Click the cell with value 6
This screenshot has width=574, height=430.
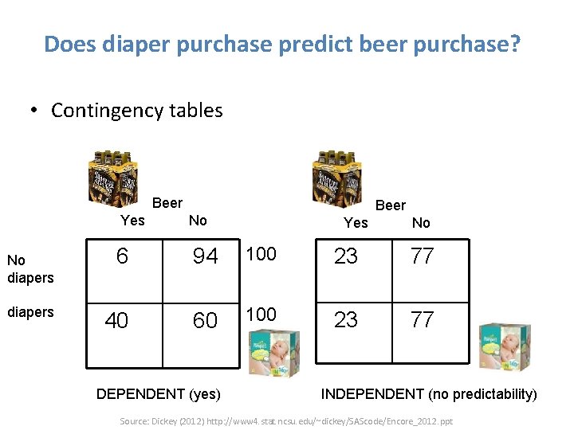pyautogui.click(x=121, y=256)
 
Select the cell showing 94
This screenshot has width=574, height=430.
pyautogui.click(x=205, y=256)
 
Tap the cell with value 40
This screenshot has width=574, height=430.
pyautogui.click(x=117, y=320)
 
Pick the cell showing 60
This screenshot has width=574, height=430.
pyautogui.click(x=205, y=320)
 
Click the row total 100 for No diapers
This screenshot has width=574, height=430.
pyautogui.click(x=261, y=254)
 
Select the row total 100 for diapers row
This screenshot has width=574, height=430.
pyautogui.click(x=261, y=315)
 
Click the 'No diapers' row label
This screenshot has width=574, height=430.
pyautogui.click(x=29, y=269)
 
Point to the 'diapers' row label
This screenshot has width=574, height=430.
pyautogui.click(x=29, y=312)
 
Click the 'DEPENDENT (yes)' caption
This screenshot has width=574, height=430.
pyautogui.click(x=159, y=393)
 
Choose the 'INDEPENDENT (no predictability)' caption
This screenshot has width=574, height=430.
pyautogui.click(x=429, y=393)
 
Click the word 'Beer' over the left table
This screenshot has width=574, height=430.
pyautogui.click(x=167, y=203)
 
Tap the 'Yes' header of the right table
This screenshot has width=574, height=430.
pyautogui.click(x=356, y=222)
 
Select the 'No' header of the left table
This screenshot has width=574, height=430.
pyautogui.click(x=198, y=221)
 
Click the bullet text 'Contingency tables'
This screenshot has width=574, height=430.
pyautogui.click(x=136, y=110)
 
